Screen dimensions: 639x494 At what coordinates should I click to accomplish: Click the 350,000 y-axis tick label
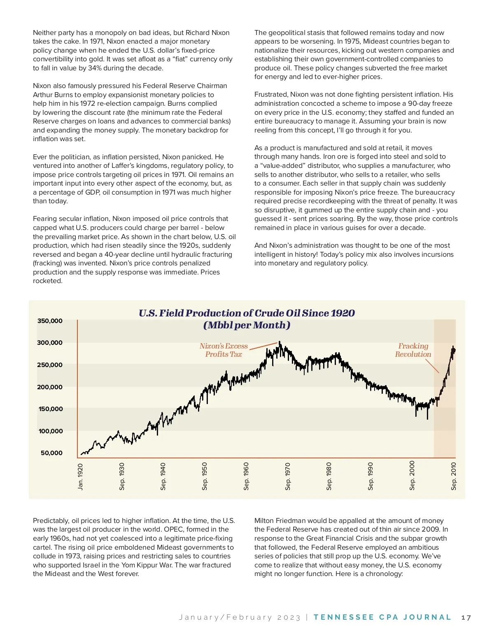coord(50,321)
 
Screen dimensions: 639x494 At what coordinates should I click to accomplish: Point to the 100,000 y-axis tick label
coord(51,431)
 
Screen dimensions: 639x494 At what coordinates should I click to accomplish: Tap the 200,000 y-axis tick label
coord(50,387)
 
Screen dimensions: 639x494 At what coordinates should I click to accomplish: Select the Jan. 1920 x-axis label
coord(80,477)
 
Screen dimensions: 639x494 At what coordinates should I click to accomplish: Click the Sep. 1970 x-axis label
coord(288,476)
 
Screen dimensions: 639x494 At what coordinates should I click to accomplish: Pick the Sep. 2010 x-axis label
coord(454,476)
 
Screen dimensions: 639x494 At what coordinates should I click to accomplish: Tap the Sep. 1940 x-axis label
coord(163,476)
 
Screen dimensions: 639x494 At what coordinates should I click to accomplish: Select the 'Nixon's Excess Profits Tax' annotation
coord(224,350)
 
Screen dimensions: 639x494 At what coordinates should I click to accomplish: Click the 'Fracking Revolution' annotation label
coord(413,350)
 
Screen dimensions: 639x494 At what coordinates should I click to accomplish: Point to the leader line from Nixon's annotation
coord(263,346)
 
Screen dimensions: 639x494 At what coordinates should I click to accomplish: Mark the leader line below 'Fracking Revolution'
coord(432,366)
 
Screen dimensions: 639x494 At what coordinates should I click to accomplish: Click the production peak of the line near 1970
coord(280,342)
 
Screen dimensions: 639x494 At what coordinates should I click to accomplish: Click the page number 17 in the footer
coord(466,618)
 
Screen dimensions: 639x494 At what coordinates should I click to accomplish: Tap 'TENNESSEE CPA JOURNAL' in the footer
coord(382,617)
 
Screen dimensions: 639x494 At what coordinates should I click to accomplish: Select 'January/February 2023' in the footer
coord(240,618)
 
